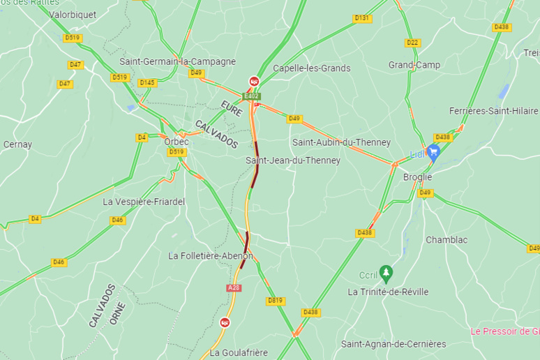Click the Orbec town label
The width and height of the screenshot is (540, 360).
(x=177, y=141)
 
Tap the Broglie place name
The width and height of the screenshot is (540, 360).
(x=418, y=177)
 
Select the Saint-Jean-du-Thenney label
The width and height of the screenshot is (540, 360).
(x=293, y=160)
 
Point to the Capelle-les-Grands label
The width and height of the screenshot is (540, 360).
(x=311, y=68)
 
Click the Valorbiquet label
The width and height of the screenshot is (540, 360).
(x=72, y=14)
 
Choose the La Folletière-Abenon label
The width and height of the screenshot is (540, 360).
(x=211, y=256)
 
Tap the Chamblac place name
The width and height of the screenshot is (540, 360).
(x=447, y=240)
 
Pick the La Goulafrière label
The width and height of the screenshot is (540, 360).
(x=239, y=353)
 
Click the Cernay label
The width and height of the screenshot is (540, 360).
(x=17, y=144)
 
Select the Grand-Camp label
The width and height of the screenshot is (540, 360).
(x=414, y=65)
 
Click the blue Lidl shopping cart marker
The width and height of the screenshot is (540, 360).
(x=433, y=151)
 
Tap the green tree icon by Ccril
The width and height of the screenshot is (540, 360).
(x=385, y=271)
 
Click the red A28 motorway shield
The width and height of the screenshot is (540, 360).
(x=234, y=287)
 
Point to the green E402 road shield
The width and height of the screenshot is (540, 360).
(x=252, y=96)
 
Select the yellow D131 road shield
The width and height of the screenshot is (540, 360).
(x=361, y=18)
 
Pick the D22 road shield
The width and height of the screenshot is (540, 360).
(x=412, y=43)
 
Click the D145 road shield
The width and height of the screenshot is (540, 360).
(x=147, y=82)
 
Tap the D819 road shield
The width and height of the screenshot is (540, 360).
(x=276, y=301)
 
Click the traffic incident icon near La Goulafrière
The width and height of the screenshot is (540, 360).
(x=225, y=322)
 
